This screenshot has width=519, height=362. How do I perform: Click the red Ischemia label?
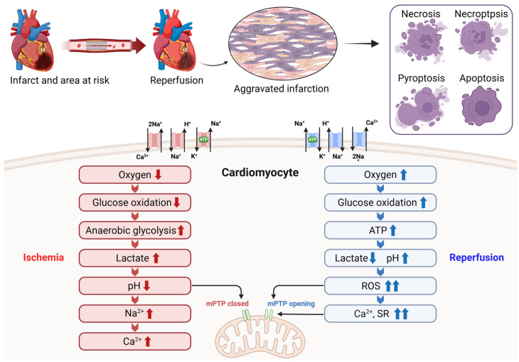[43, 258]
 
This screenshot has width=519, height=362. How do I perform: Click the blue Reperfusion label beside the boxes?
[476, 258]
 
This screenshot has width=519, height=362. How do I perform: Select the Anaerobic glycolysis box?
[134, 230]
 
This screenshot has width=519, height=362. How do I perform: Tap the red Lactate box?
[134, 258]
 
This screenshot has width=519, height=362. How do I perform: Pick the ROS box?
[380, 285]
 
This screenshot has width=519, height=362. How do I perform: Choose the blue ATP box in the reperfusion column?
[380, 230]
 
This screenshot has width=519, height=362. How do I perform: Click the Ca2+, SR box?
[380, 314]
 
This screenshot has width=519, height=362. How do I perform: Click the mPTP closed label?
[227, 304]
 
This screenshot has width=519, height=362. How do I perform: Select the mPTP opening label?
[291, 304]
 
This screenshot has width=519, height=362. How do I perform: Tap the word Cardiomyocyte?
[260, 172]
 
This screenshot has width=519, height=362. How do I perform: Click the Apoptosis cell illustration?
[481, 106]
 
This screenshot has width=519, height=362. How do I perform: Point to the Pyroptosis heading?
[421, 78]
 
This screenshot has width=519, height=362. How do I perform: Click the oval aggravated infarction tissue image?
[283, 44]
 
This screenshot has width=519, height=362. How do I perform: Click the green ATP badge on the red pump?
[203, 140]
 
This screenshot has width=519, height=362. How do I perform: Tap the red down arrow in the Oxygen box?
[159, 175]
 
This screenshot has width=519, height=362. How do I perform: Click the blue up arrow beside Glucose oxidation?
[423, 202]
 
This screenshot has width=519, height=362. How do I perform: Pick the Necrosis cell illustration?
[421, 41]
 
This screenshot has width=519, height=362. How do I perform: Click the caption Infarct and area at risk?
[60, 80]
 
